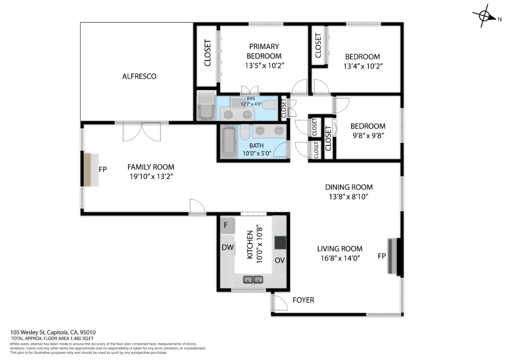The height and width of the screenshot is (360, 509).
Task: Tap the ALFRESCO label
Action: pos(139,76)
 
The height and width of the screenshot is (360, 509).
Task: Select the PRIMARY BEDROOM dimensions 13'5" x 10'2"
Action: pos(264,66)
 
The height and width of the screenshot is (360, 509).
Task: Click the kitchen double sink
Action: pos(253,280)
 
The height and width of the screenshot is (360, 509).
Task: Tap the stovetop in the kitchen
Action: pos(280,243)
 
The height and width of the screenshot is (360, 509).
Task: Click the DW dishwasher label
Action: pos(228,247)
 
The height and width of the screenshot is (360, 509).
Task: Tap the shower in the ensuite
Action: pos(206,106)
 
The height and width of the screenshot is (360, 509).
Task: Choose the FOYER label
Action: pos(303,300)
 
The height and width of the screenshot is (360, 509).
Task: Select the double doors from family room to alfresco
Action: pos(142,132)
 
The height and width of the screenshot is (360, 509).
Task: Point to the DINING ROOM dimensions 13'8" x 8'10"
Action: pos(349,197)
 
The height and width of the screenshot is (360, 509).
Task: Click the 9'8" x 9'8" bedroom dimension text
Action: pos(368,135)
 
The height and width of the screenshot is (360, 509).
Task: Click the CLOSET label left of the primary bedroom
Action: pos(207,53)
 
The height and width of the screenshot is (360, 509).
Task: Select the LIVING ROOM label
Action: pos(339,249)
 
